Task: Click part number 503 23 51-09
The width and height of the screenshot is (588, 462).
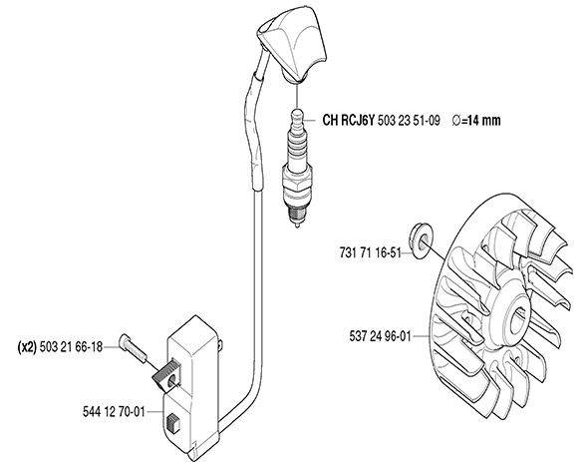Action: [409, 121]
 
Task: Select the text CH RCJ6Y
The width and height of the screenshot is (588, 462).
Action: [349, 121]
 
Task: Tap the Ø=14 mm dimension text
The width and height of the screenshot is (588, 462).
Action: [476, 121]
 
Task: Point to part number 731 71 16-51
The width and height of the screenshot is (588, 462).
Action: [371, 252]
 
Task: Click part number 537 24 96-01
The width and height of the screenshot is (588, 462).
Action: [381, 336]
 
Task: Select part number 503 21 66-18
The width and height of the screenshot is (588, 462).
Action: [71, 347]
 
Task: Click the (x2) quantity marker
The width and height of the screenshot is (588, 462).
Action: [27, 347]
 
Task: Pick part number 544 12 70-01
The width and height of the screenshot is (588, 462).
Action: [114, 412]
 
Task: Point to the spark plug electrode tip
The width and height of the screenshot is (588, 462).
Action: [297, 226]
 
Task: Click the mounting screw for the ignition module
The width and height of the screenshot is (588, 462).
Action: [133, 348]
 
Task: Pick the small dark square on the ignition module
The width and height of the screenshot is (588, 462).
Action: [172, 422]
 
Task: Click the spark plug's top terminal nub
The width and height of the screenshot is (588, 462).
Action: [297, 115]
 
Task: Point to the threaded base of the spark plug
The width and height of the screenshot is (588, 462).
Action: [297, 210]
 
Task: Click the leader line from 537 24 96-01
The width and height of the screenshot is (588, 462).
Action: [420, 336]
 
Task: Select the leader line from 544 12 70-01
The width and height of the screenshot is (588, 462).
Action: [154, 412]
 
